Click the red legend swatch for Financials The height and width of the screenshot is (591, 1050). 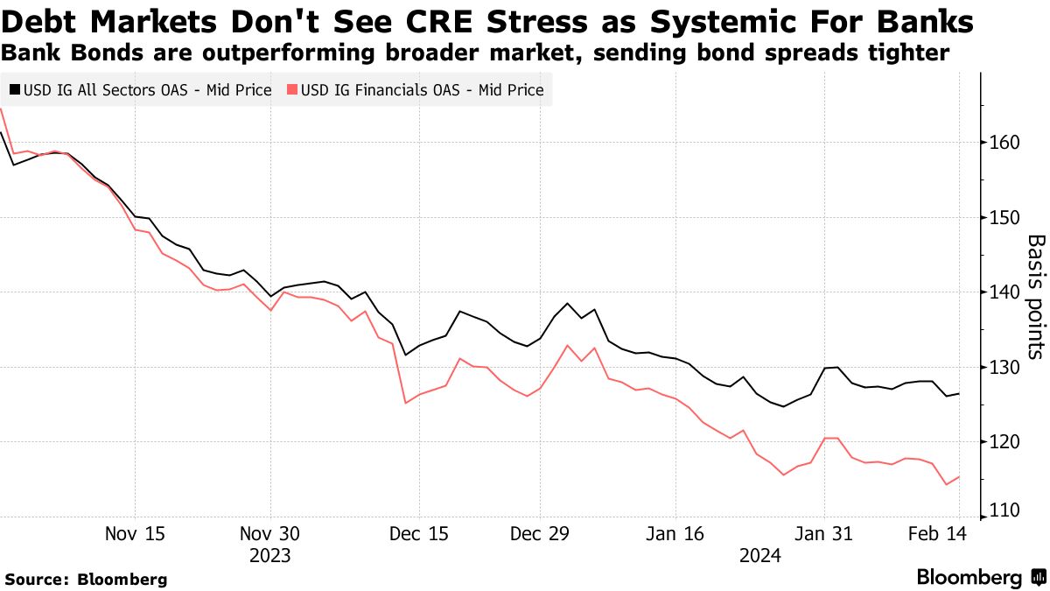point(293,90)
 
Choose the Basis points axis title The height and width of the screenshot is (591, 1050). point(1035,296)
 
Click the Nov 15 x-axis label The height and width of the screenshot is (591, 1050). point(136,534)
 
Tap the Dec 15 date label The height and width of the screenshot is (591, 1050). point(419,534)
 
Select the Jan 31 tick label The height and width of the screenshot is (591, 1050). point(823,534)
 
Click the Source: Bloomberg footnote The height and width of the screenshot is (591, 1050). point(86,579)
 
